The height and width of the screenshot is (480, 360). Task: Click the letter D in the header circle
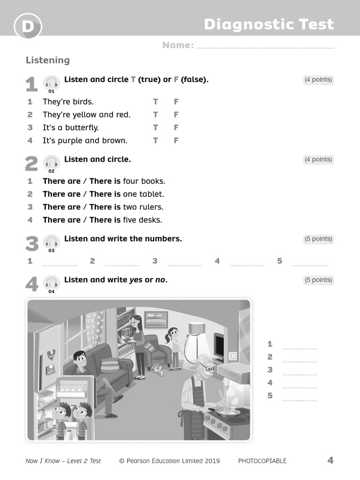pos(28,27)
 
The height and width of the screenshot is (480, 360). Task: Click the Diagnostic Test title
pos(269,24)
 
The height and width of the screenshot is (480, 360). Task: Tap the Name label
pos(178,45)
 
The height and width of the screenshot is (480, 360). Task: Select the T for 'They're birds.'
pos(156,102)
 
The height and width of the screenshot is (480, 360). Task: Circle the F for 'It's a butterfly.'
pos(176,127)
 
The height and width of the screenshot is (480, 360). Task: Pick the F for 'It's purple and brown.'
pos(176,141)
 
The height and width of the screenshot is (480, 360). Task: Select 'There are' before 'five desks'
pos(61,220)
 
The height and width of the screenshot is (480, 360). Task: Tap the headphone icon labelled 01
pos(52,83)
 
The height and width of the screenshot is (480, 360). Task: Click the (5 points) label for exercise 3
pos(318,239)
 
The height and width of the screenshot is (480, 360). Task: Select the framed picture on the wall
pos(156,319)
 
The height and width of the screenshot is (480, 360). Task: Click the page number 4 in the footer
pos(330,460)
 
